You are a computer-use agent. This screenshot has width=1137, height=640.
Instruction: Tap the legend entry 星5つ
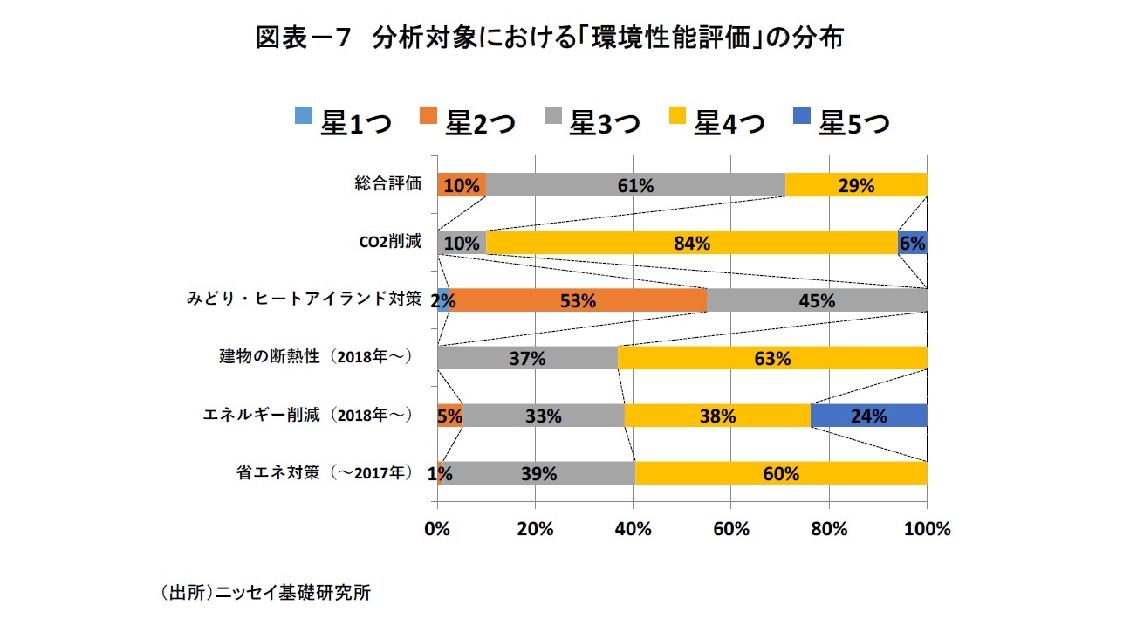click(842, 123)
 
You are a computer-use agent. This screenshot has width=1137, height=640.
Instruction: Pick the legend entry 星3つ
click(592, 123)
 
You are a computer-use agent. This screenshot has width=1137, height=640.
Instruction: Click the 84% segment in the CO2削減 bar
click(691, 243)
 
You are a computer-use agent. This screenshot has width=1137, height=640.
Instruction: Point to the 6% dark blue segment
click(913, 243)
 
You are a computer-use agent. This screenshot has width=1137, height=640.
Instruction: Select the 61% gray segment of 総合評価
click(635, 185)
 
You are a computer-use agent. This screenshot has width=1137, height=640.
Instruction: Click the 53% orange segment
click(578, 300)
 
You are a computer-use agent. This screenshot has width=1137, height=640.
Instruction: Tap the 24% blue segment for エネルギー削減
click(868, 416)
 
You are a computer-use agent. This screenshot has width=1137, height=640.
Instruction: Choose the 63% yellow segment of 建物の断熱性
click(772, 358)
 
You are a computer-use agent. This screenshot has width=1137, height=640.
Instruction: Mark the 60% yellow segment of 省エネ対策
click(780, 473)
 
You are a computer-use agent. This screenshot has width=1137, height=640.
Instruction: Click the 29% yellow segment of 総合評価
click(856, 185)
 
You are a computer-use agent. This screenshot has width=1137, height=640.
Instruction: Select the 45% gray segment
click(817, 300)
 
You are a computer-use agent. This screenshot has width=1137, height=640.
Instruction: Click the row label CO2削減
click(390, 243)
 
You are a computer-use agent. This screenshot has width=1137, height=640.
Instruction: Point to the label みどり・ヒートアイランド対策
click(304, 300)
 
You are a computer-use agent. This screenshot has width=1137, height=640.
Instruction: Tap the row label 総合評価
click(388, 184)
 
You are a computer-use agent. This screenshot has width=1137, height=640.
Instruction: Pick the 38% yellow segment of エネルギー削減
click(717, 416)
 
